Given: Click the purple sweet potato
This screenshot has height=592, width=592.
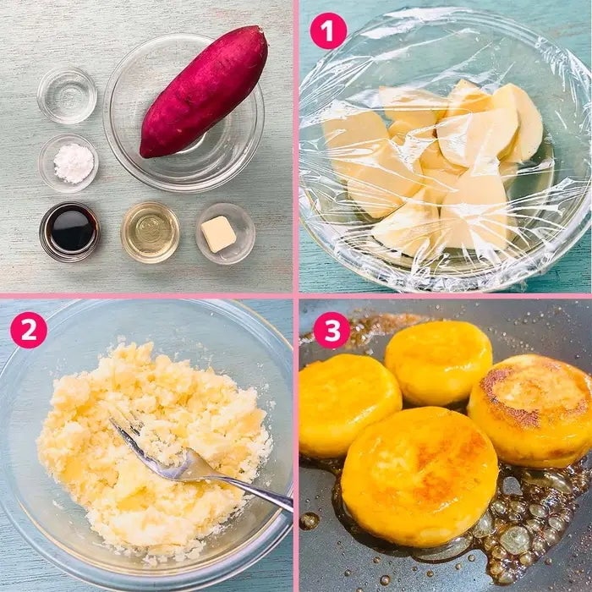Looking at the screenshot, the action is (204, 92).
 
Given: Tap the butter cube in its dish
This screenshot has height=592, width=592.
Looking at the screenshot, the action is (218, 234).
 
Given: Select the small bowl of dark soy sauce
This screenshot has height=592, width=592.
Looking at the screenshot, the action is (69, 232).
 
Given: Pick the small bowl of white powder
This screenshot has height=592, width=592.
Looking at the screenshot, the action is (69, 163).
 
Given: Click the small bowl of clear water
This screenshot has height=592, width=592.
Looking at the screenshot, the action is (67, 96).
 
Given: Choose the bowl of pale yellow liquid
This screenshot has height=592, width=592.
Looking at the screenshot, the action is (150, 232).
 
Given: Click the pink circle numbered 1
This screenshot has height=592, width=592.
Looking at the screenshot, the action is (328, 31).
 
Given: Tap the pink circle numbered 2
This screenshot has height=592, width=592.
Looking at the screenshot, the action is (29, 330).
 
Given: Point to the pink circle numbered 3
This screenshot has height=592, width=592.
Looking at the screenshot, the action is (332, 330).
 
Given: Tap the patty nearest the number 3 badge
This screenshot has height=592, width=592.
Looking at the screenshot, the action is (438, 363).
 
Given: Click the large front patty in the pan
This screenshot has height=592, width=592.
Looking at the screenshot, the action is (419, 476).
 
